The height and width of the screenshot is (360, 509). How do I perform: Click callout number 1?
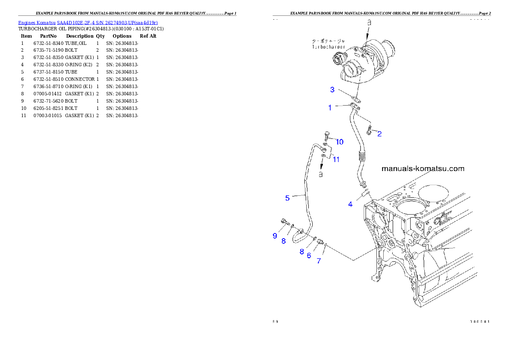[x=330, y=108]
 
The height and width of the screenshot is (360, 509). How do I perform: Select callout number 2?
[x=379, y=134]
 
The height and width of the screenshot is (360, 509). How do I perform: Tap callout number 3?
[x=332, y=89]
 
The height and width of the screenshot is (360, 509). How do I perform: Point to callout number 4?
[x=350, y=204]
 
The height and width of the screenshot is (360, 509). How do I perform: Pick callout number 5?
[x=287, y=198]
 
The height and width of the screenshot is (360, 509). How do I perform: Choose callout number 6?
[x=309, y=255]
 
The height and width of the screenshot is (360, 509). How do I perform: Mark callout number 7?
[x=319, y=261]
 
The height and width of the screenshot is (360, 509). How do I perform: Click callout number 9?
[x=275, y=236]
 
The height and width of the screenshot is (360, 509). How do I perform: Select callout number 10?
[x=339, y=142]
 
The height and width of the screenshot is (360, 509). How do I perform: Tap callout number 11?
[x=336, y=159]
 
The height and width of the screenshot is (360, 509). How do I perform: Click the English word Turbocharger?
[x=328, y=47]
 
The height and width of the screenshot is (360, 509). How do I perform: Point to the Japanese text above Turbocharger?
[x=328, y=41]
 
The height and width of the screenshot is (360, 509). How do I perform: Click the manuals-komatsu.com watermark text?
[x=423, y=168]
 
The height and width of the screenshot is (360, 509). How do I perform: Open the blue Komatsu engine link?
[x=88, y=22]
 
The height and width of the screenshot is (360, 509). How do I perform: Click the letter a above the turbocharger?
[x=370, y=21]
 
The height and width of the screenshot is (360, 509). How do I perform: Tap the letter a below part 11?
[x=321, y=174]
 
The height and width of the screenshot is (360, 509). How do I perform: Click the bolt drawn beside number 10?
[x=327, y=136]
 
